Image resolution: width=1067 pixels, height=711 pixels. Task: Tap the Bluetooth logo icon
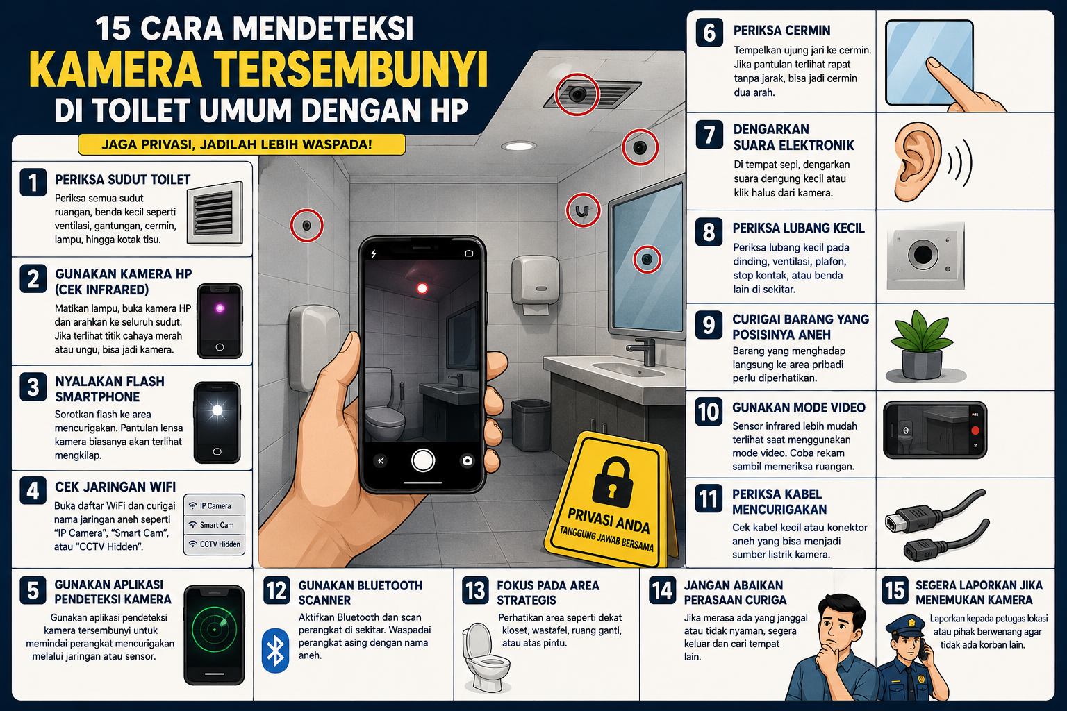(275, 651)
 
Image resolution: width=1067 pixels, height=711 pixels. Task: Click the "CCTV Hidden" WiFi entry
(215, 544)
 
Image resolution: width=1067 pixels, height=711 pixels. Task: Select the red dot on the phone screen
(422, 288)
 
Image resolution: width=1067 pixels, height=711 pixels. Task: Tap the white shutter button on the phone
(422, 460)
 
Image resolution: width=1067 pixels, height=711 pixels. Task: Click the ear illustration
(918, 161)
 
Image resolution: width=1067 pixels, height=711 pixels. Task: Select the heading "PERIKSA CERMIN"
(781, 31)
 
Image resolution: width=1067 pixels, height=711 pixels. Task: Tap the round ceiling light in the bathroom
(519, 146)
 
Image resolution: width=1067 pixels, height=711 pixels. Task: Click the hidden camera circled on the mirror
(647, 259)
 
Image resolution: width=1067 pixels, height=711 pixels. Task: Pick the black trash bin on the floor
(531, 425)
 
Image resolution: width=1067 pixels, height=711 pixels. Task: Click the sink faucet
(642, 352)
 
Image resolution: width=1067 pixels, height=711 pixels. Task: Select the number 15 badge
(895, 590)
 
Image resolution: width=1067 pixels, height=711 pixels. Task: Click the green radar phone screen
(215, 630)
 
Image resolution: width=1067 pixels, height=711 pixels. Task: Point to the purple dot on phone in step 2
(220, 308)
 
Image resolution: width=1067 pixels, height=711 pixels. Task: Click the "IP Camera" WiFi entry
(215, 505)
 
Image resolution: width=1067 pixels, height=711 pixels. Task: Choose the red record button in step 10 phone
(975, 430)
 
